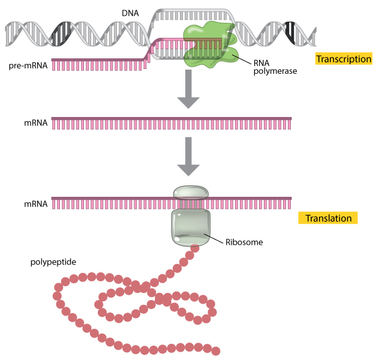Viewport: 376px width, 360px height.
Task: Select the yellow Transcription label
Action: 344,59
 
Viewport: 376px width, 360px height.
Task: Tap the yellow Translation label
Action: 328,218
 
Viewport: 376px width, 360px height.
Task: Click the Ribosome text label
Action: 244,243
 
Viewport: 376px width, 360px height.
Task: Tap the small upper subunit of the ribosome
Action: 191,193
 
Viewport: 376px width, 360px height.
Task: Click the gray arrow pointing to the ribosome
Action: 189,157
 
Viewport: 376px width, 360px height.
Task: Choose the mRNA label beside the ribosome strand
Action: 36,204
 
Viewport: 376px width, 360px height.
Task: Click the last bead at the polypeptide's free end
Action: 216,351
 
